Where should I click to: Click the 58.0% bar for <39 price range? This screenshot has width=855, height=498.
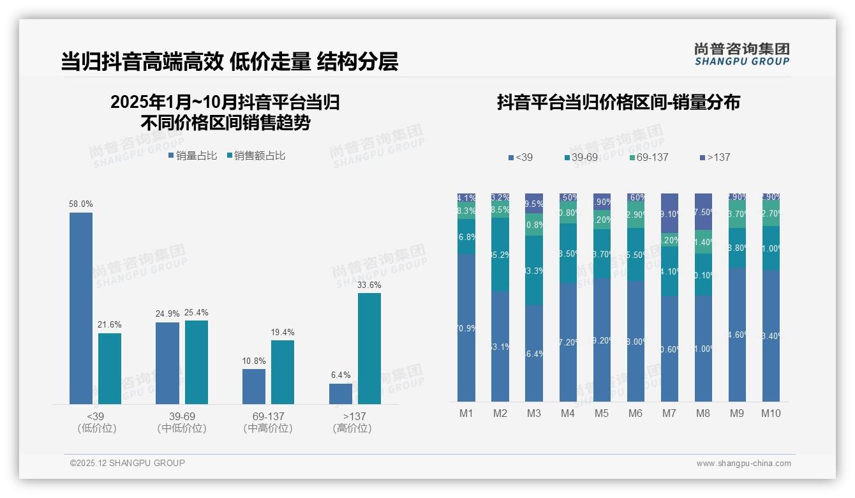pyautogui.click(x=81, y=308)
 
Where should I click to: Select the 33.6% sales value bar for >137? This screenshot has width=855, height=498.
pyautogui.click(x=369, y=348)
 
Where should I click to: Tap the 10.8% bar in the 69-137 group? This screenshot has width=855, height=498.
pyautogui.click(x=254, y=386)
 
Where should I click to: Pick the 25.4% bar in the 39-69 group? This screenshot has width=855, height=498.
pyautogui.click(x=197, y=362)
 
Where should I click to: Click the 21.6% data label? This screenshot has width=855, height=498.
pyautogui.click(x=109, y=325)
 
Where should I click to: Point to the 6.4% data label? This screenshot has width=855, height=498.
pyautogui.click(x=341, y=375)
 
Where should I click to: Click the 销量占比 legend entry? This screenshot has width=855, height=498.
pyautogui.click(x=193, y=156)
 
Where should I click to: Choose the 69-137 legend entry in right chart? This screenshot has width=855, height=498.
pyautogui.click(x=648, y=157)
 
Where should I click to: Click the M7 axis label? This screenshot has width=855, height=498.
pyautogui.click(x=669, y=413)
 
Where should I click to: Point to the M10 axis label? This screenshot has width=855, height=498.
pyautogui.click(x=771, y=413)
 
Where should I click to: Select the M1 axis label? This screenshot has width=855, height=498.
pyautogui.click(x=466, y=413)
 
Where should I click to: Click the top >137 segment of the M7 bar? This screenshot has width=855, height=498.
pyautogui.click(x=669, y=213)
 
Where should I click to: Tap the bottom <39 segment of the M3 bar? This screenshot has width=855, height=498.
pyautogui.click(x=534, y=353)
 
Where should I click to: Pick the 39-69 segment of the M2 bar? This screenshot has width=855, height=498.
pyautogui.click(x=500, y=255)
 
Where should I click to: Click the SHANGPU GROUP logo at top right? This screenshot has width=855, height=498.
pyautogui.click(x=742, y=54)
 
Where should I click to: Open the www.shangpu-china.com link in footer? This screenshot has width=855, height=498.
pyautogui.click(x=743, y=464)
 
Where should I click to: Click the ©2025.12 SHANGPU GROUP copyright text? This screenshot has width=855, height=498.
pyautogui.click(x=128, y=463)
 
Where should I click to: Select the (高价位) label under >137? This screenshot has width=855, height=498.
pyautogui.click(x=352, y=428)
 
